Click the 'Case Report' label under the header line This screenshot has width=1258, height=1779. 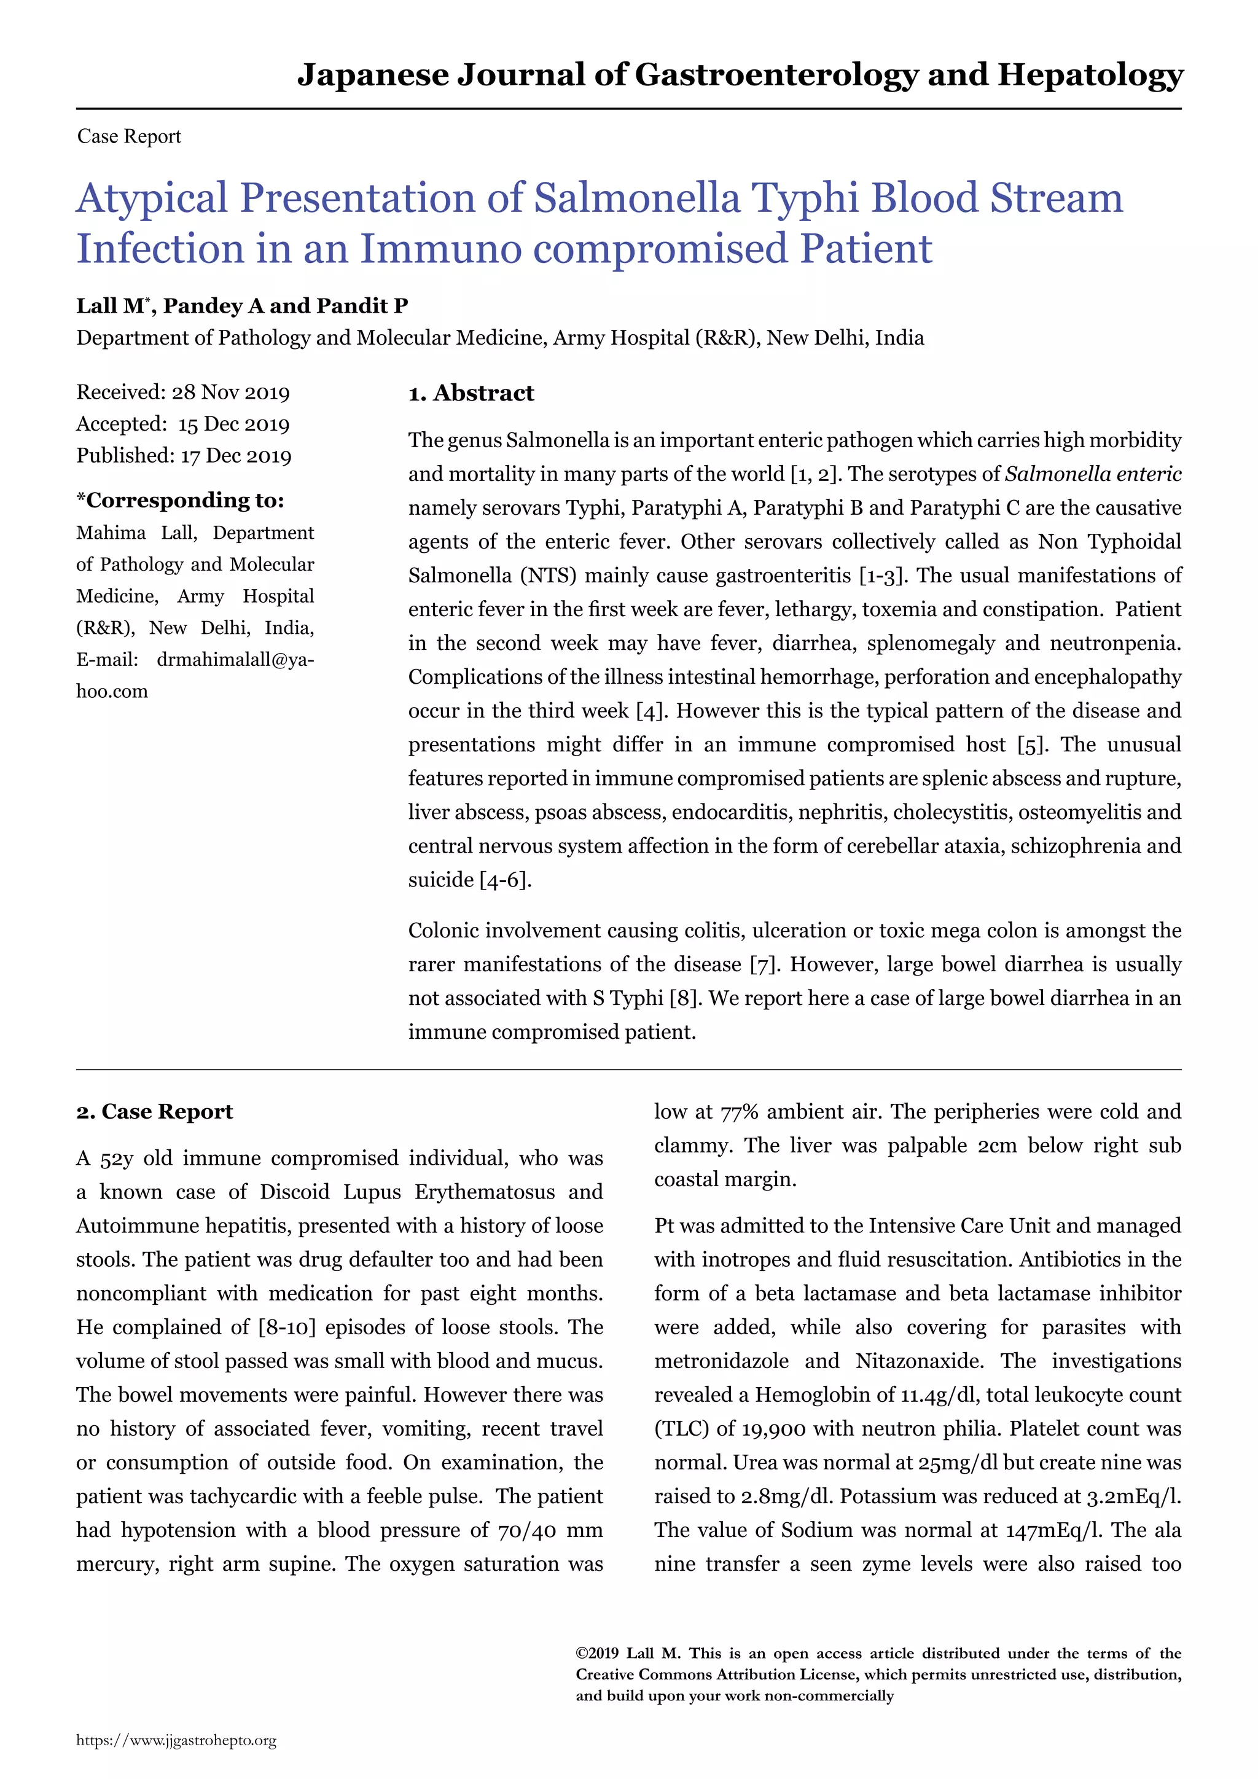tap(128, 137)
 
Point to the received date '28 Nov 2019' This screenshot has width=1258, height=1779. tap(231, 393)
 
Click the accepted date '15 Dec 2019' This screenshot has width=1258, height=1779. tap(233, 424)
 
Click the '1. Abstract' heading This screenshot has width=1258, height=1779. tap(471, 394)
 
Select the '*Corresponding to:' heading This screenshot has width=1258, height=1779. tap(180, 501)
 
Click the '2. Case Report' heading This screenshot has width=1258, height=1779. tap(154, 1112)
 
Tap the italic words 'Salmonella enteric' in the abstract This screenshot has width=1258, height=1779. tap(1092, 474)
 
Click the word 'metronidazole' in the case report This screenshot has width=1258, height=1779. tap(721, 1361)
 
